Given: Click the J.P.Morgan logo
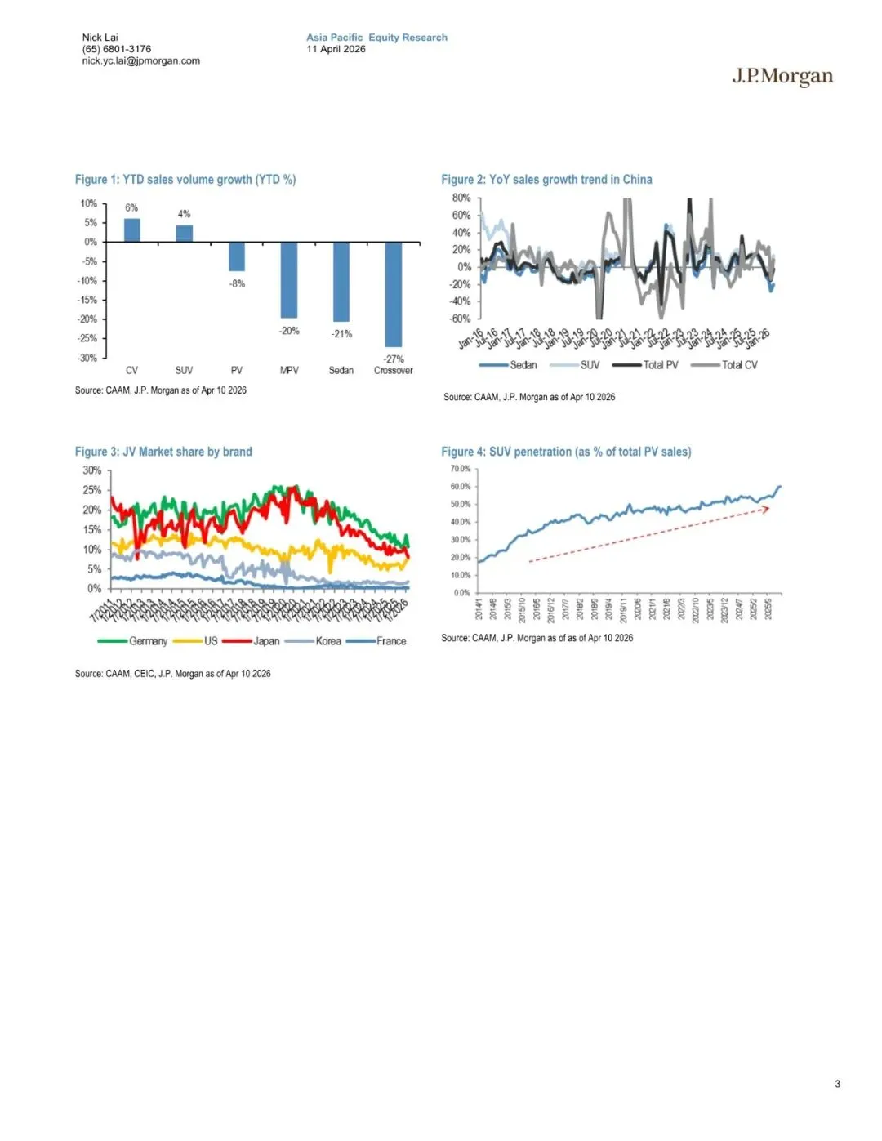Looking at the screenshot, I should tap(782, 77).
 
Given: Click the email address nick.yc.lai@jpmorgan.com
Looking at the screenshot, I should tap(140, 60).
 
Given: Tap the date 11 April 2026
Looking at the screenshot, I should tap(336, 49).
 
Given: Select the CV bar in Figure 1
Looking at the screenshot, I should tap(131, 230).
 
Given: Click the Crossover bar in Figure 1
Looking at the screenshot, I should tap(394, 294).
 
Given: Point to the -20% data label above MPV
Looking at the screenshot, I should tap(290, 331).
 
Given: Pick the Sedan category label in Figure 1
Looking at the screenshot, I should tap(341, 370).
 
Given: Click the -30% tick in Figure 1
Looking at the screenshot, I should tap(87, 358).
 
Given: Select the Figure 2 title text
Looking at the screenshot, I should tap(546, 180).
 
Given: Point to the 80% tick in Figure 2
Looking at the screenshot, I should tap(461, 198).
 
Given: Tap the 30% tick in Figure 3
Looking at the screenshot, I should tap(91, 470).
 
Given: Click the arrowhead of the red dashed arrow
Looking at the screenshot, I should tap(765, 508).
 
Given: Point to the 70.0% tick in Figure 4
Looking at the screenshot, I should tap(460, 469).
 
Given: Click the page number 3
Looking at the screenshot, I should tap(837, 1084).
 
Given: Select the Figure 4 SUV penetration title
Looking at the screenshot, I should tap(566, 452).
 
